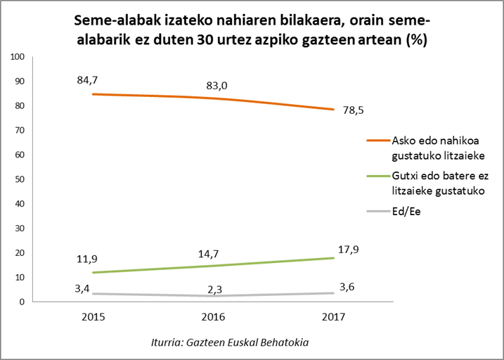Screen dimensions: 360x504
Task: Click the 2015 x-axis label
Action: tap(93, 317)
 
